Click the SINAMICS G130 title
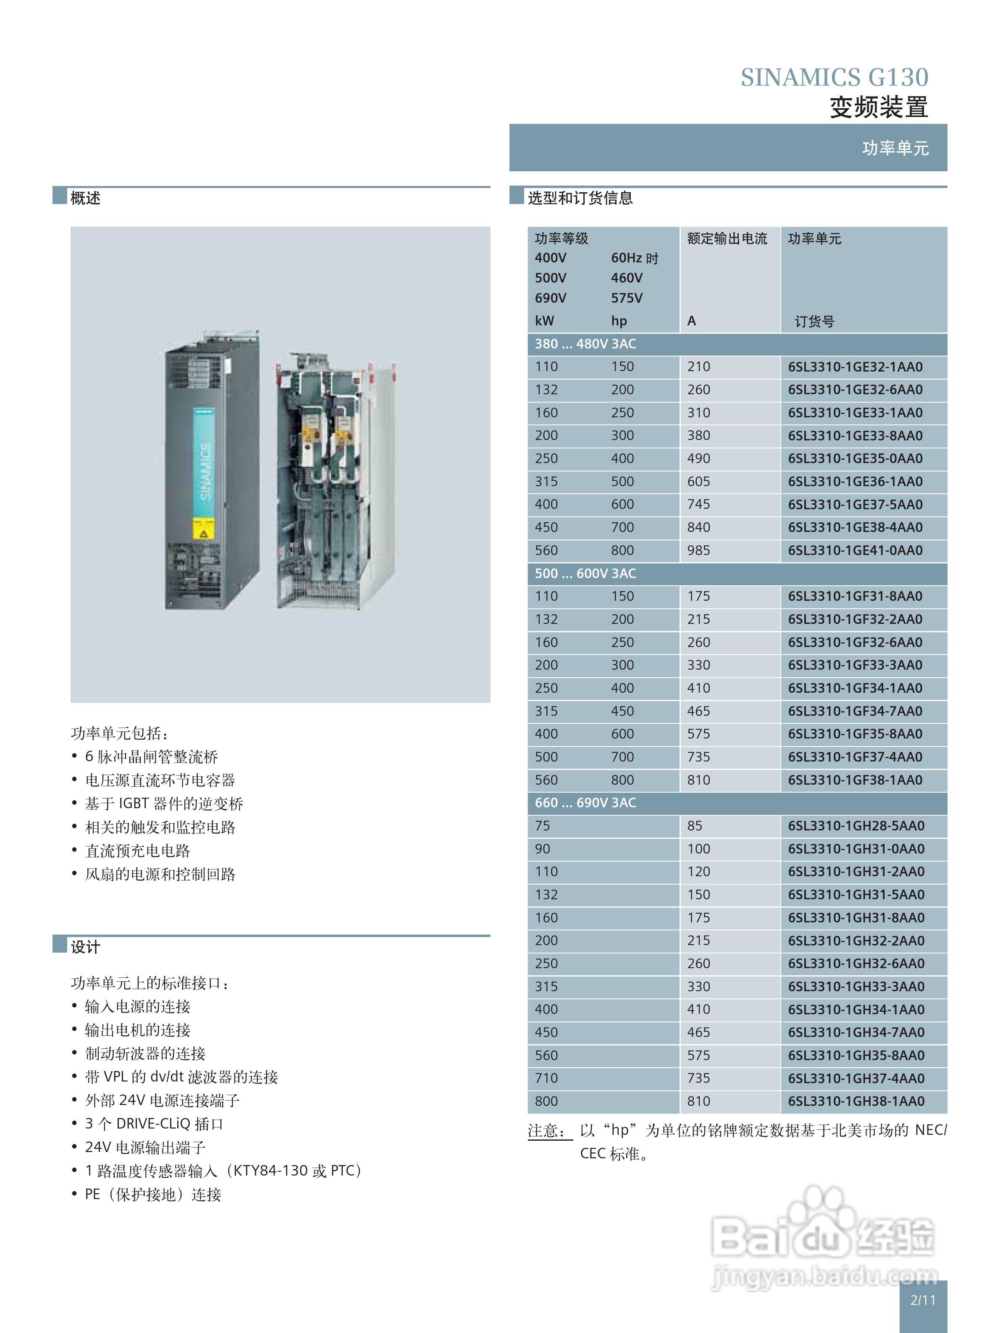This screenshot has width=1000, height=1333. (834, 78)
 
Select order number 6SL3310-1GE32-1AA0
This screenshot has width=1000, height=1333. (855, 367)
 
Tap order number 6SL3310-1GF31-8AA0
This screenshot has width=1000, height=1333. (855, 597)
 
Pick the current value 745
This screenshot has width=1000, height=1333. (698, 504)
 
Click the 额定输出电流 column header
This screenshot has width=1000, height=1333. (727, 238)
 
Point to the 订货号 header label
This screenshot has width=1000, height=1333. (814, 322)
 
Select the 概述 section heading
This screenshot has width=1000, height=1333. (85, 198)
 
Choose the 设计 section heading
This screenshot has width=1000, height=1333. (85, 947)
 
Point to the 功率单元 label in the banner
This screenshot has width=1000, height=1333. (895, 148)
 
